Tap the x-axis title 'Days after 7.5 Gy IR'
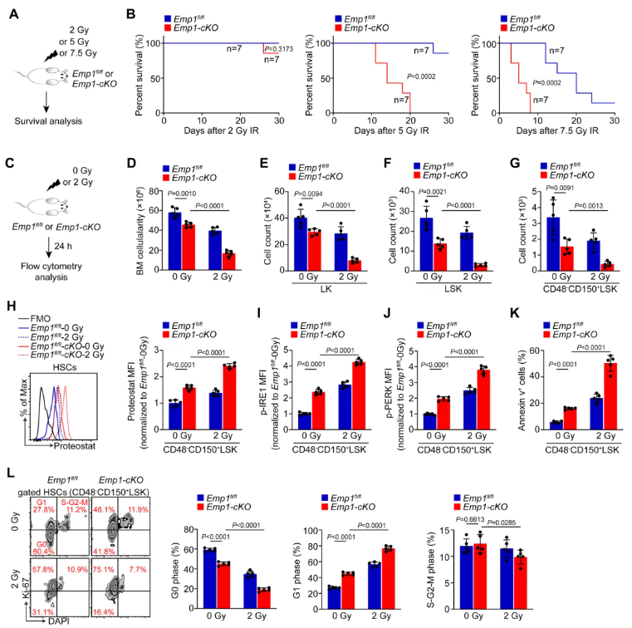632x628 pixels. click(x=551, y=133)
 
